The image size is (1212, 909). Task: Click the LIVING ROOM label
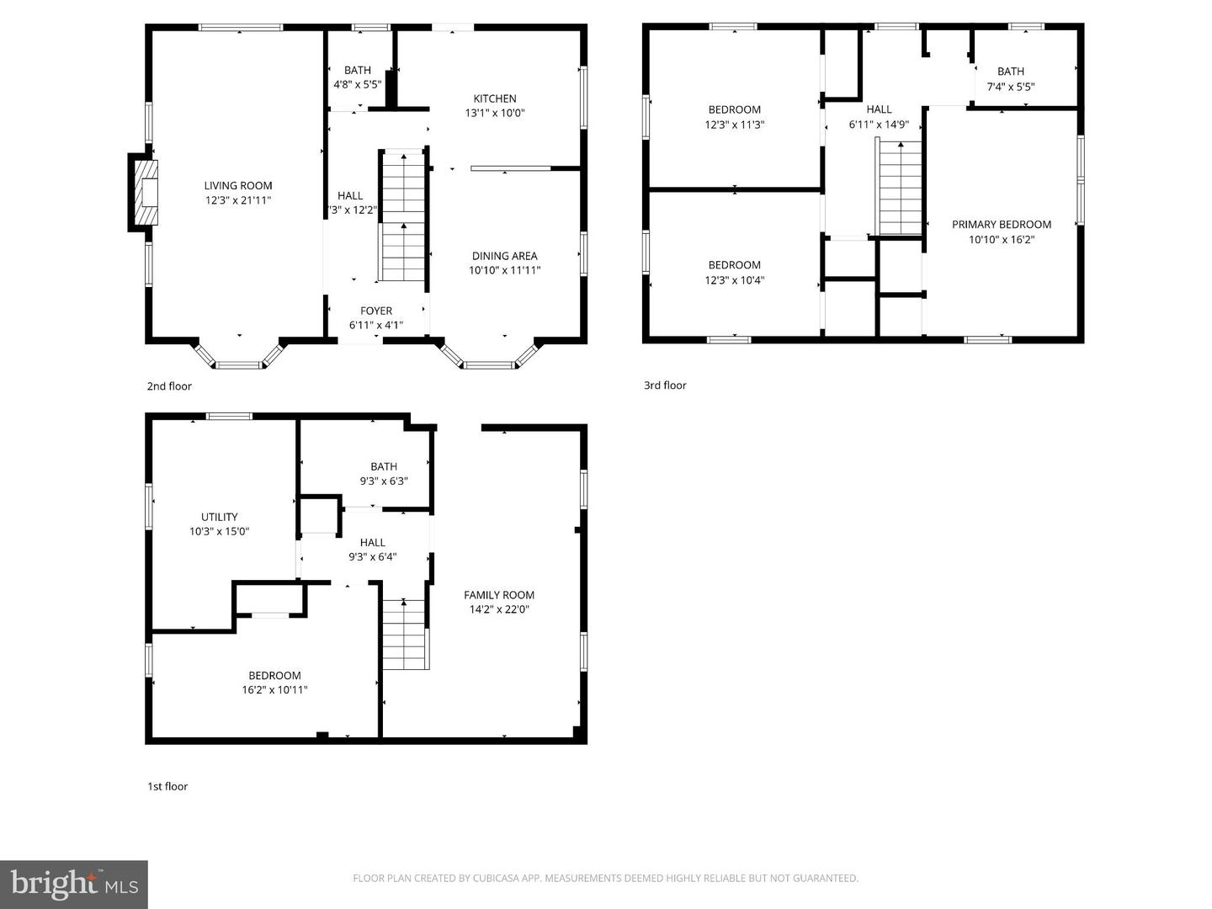(x=238, y=186)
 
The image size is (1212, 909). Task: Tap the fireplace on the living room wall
(x=144, y=193)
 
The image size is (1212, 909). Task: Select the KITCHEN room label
(x=495, y=98)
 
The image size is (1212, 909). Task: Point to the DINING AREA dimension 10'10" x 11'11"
(x=504, y=270)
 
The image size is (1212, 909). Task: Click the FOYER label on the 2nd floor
(x=376, y=311)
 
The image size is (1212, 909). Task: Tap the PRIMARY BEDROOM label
(x=1002, y=225)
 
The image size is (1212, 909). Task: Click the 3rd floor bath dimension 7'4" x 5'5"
(x=1011, y=87)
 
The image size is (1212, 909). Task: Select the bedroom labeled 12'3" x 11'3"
(x=734, y=117)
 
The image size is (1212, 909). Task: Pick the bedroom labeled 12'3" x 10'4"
(x=734, y=273)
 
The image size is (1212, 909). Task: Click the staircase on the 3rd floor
(x=901, y=189)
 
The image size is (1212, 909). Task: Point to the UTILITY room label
(x=219, y=517)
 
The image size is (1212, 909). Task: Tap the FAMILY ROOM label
(x=499, y=595)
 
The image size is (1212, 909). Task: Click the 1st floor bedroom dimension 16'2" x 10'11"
(x=274, y=690)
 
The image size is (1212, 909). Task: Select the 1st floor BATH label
(x=384, y=466)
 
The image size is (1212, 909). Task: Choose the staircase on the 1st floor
(x=405, y=635)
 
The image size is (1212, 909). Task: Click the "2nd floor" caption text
(x=169, y=386)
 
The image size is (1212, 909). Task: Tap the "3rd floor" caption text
(x=665, y=385)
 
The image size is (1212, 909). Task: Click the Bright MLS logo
(x=74, y=884)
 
